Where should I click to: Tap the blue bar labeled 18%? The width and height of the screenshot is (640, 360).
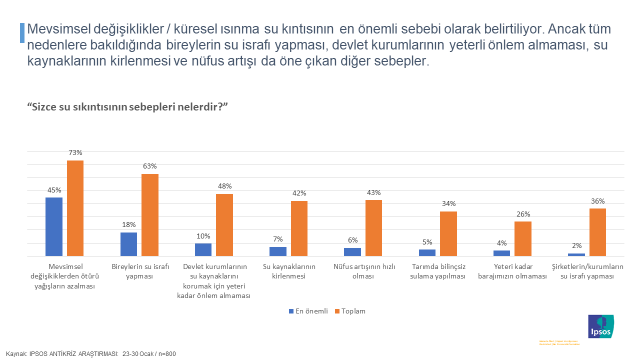[129, 244]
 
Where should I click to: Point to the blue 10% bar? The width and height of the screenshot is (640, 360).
[203, 249]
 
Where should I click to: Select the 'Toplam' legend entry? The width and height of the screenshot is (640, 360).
[351, 311]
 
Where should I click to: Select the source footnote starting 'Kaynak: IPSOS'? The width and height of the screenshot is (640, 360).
[91, 354]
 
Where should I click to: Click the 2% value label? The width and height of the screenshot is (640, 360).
[577, 245]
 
